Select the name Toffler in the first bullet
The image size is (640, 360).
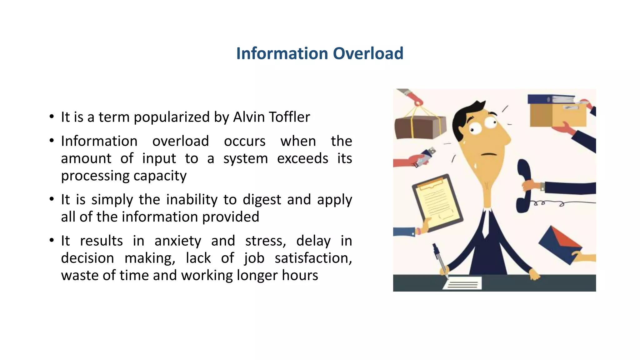(x=289, y=117)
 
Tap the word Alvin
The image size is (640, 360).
(x=249, y=117)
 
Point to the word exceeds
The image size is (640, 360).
(x=302, y=158)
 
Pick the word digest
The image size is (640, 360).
(x=262, y=200)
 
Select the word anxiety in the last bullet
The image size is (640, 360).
(x=178, y=241)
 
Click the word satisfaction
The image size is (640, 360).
(x=313, y=258)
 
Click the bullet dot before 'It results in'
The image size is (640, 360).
(x=52, y=241)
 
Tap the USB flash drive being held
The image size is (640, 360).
(x=425, y=157)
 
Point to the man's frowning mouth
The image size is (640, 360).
(x=489, y=154)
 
